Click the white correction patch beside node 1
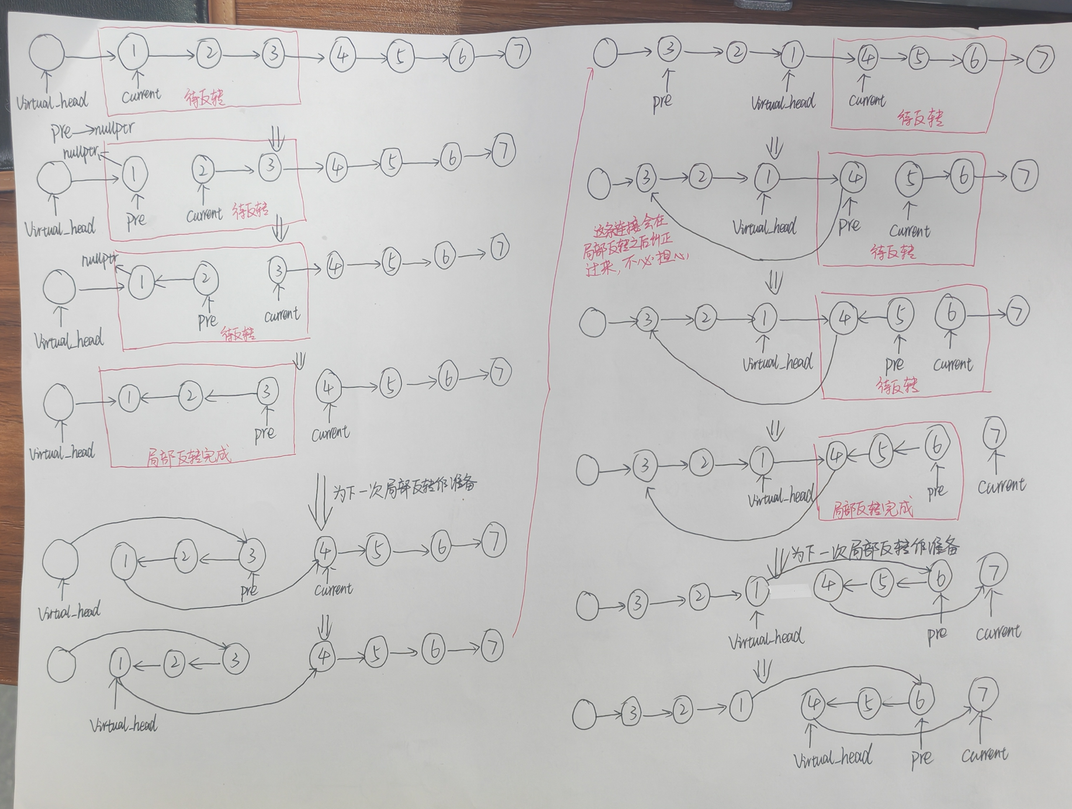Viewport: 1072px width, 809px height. (x=790, y=591)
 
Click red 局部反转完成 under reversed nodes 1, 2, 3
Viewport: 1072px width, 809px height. (x=188, y=455)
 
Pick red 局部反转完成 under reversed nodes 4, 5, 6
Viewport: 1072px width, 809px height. (x=872, y=509)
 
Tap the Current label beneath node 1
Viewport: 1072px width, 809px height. (x=140, y=95)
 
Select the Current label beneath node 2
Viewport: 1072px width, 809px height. (x=204, y=215)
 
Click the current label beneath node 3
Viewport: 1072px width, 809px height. (x=282, y=315)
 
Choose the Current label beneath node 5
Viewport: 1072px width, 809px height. (x=910, y=230)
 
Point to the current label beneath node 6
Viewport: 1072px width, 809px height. (x=953, y=364)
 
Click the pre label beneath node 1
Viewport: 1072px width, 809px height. (x=136, y=219)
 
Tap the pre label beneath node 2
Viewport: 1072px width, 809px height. (x=208, y=320)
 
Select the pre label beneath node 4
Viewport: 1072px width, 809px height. (x=849, y=224)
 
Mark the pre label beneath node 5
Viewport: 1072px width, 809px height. (x=894, y=364)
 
